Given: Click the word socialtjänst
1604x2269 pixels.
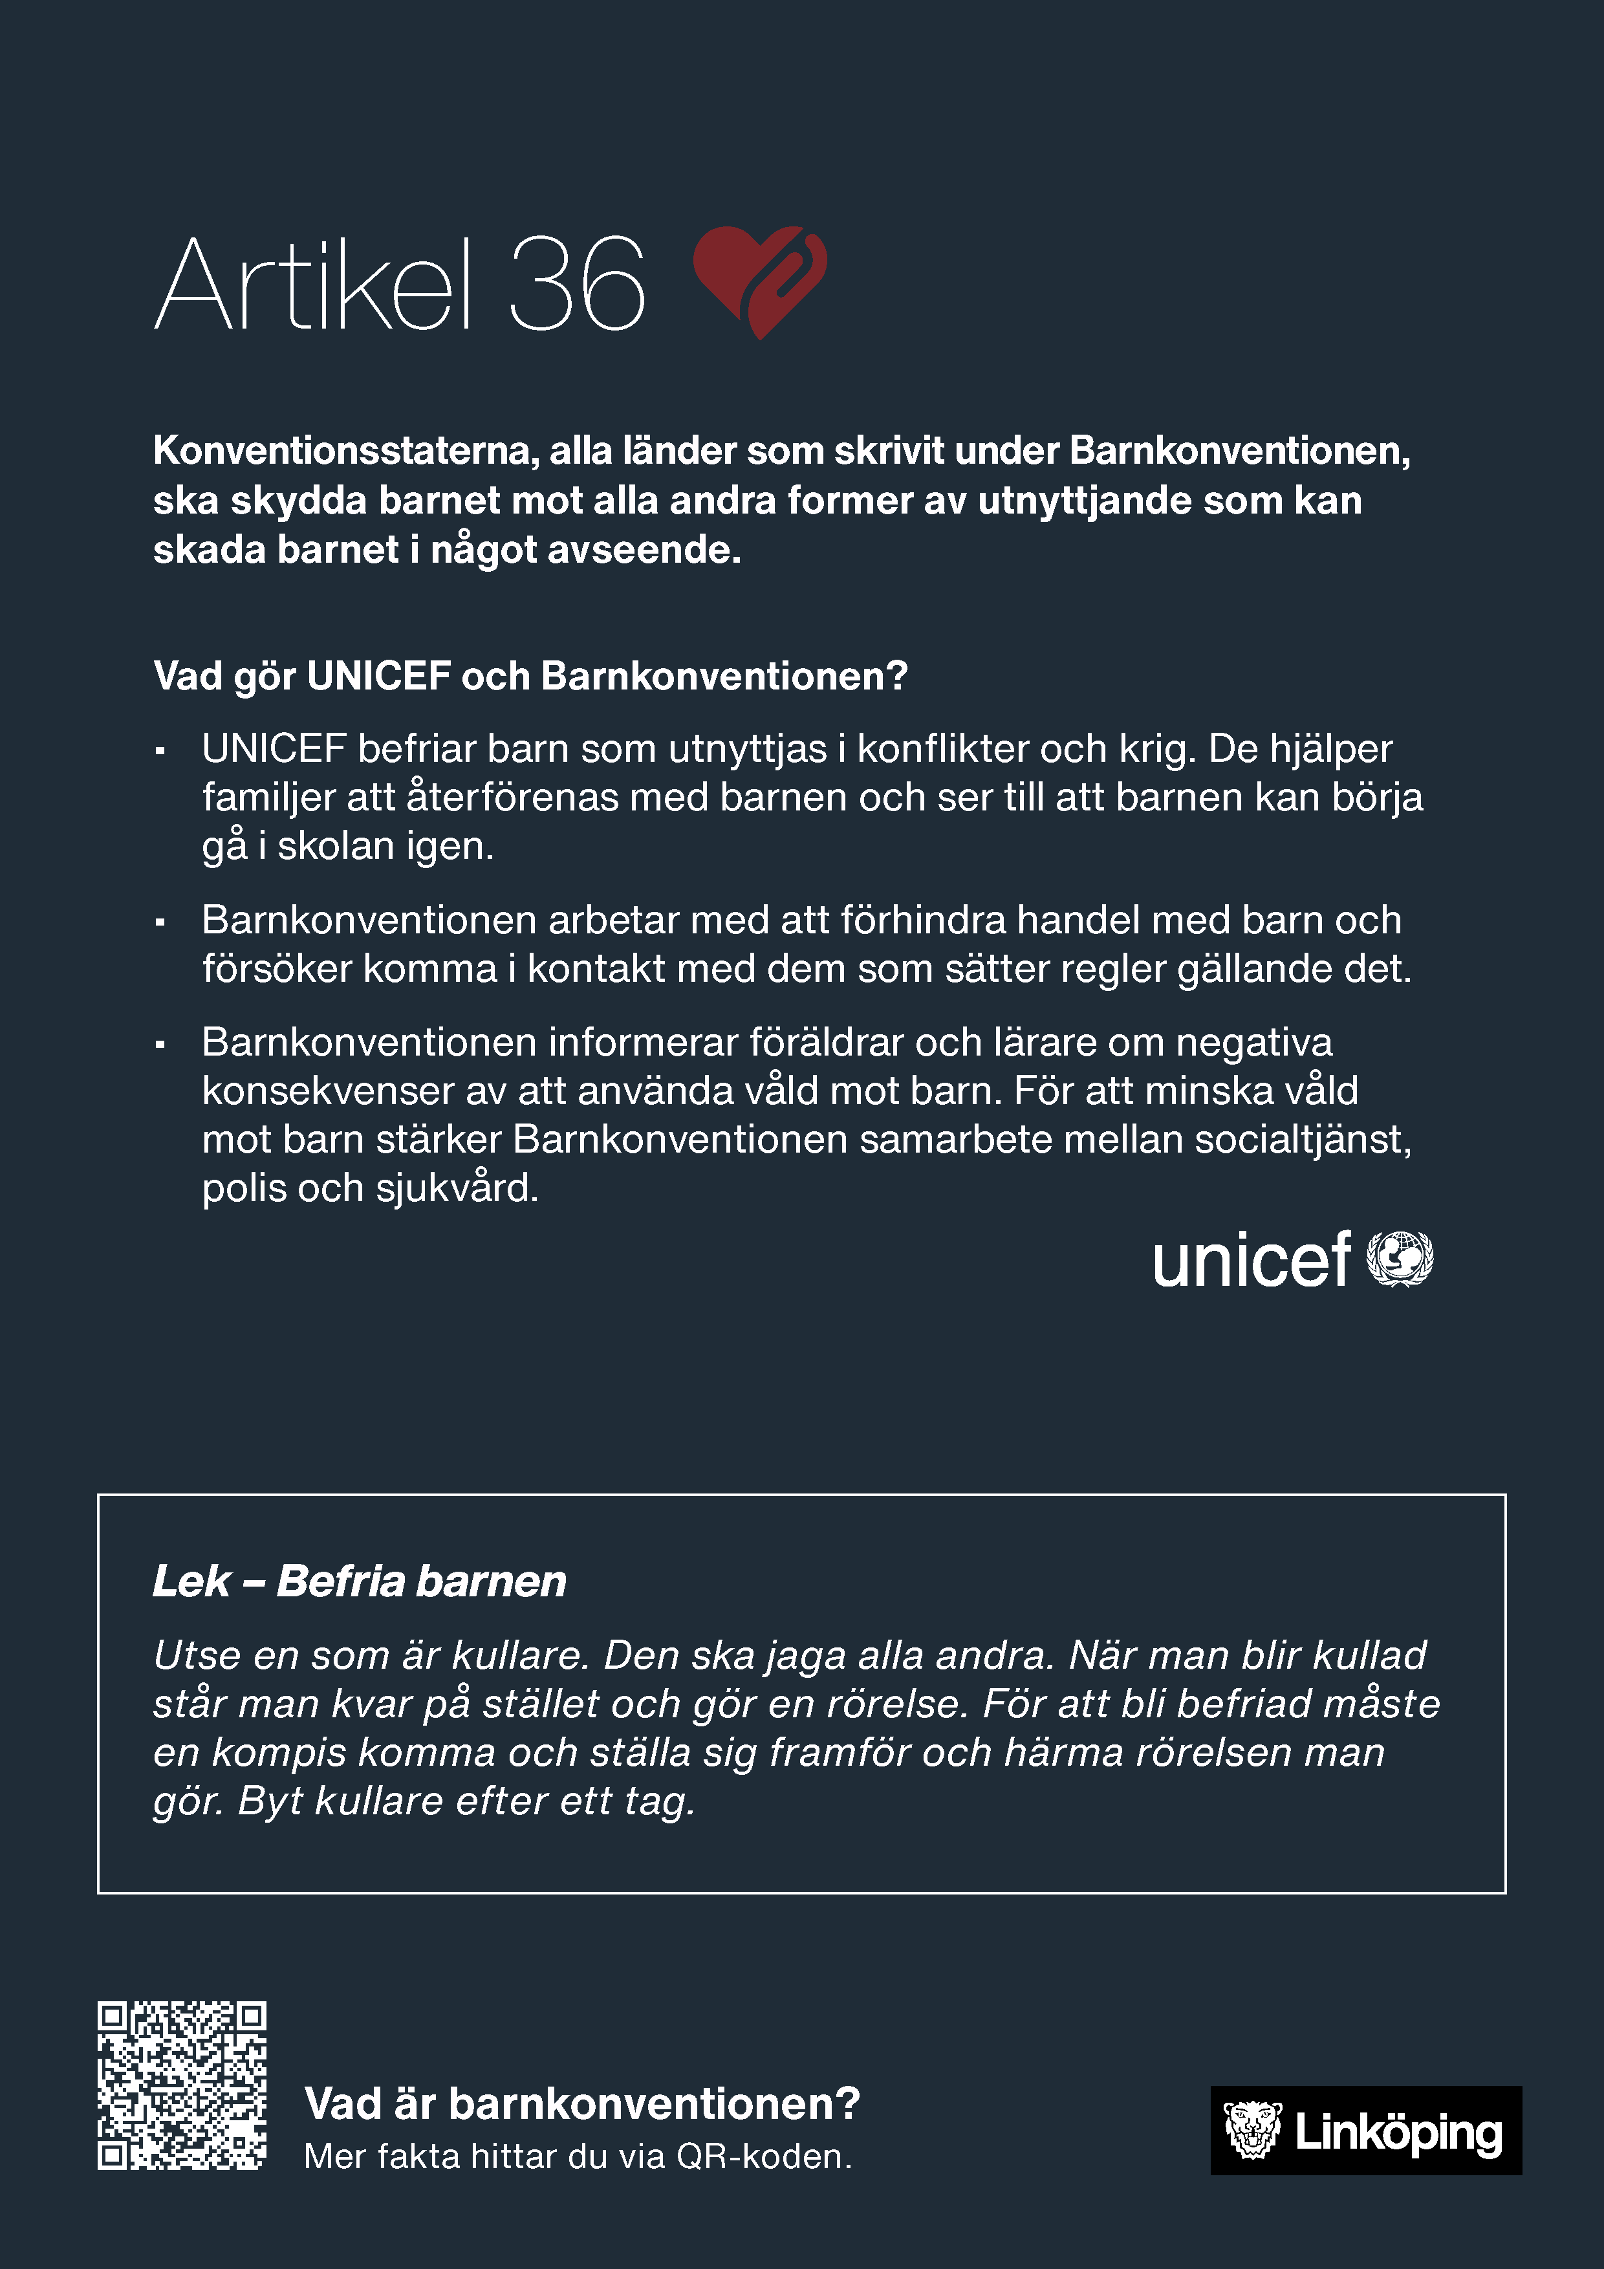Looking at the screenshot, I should point(1303,1140).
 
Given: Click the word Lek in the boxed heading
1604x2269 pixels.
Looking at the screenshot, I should point(191,1581).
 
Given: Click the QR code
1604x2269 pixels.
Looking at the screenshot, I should point(182,2085).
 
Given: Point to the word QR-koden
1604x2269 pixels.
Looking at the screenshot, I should point(763,2156).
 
